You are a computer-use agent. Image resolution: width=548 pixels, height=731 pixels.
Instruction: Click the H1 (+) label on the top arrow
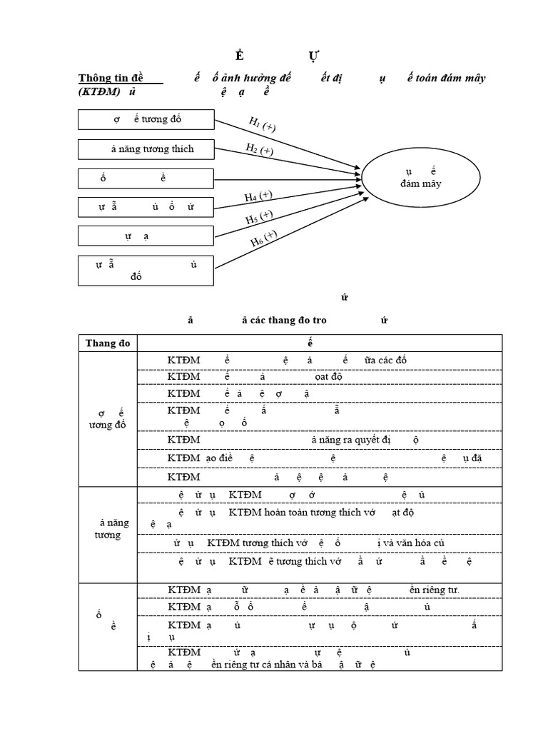(x=262, y=123)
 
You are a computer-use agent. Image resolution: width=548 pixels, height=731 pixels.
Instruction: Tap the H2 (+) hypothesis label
(x=259, y=149)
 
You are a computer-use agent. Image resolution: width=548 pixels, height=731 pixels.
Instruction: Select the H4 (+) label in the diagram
(x=258, y=196)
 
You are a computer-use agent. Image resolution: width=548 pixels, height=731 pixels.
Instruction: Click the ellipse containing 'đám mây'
(x=421, y=178)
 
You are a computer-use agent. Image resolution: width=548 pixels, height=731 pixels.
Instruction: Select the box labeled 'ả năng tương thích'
(x=146, y=148)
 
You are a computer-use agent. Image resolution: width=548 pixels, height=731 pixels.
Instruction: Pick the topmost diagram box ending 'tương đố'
(x=146, y=119)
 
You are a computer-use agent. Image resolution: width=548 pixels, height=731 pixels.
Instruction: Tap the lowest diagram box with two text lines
(x=146, y=270)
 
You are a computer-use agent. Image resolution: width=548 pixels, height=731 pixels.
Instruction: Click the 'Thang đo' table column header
(x=108, y=343)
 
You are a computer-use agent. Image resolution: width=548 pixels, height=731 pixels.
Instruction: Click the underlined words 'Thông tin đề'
(x=110, y=78)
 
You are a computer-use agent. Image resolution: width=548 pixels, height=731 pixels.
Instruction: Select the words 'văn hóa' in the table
(x=414, y=543)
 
